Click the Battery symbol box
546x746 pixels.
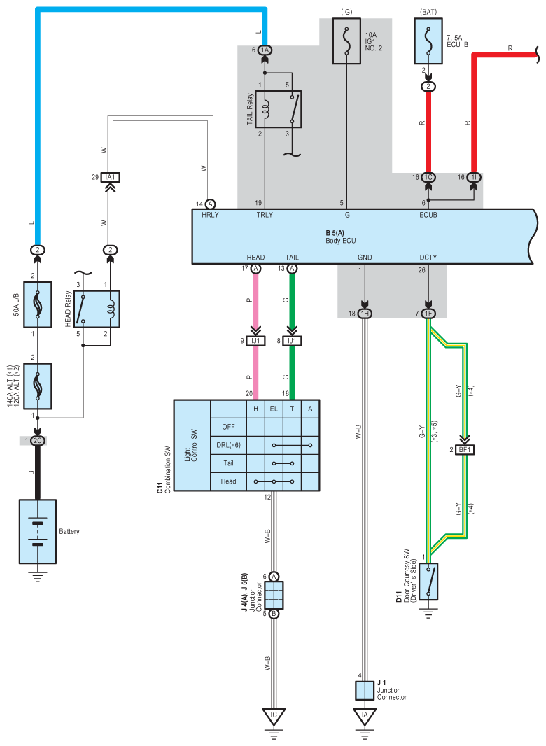[x=38, y=531]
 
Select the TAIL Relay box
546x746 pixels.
[x=279, y=109]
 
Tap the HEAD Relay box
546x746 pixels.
[x=97, y=309]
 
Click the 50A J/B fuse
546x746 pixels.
[x=38, y=304]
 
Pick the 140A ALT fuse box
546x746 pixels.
[x=38, y=386]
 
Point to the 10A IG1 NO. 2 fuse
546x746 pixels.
[x=346, y=41]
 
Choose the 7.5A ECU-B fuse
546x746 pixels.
[x=428, y=41]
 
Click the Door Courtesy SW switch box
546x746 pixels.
[x=428, y=582]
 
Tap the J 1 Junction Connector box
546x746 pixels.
[x=365, y=690]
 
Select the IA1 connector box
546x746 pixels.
[x=111, y=177]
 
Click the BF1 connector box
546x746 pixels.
[x=465, y=449]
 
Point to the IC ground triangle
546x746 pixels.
[x=274, y=716]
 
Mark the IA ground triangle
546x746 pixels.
[x=365, y=716]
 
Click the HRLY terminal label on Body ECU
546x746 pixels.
[x=210, y=215]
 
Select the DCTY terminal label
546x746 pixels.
[x=428, y=258]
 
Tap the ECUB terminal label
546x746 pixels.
[x=428, y=215]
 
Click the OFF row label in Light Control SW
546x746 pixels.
[x=228, y=427]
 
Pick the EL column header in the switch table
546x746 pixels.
[x=274, y=409]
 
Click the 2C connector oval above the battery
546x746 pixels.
[x=38, y=441]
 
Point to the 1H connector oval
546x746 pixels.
[x=365, y=314]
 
